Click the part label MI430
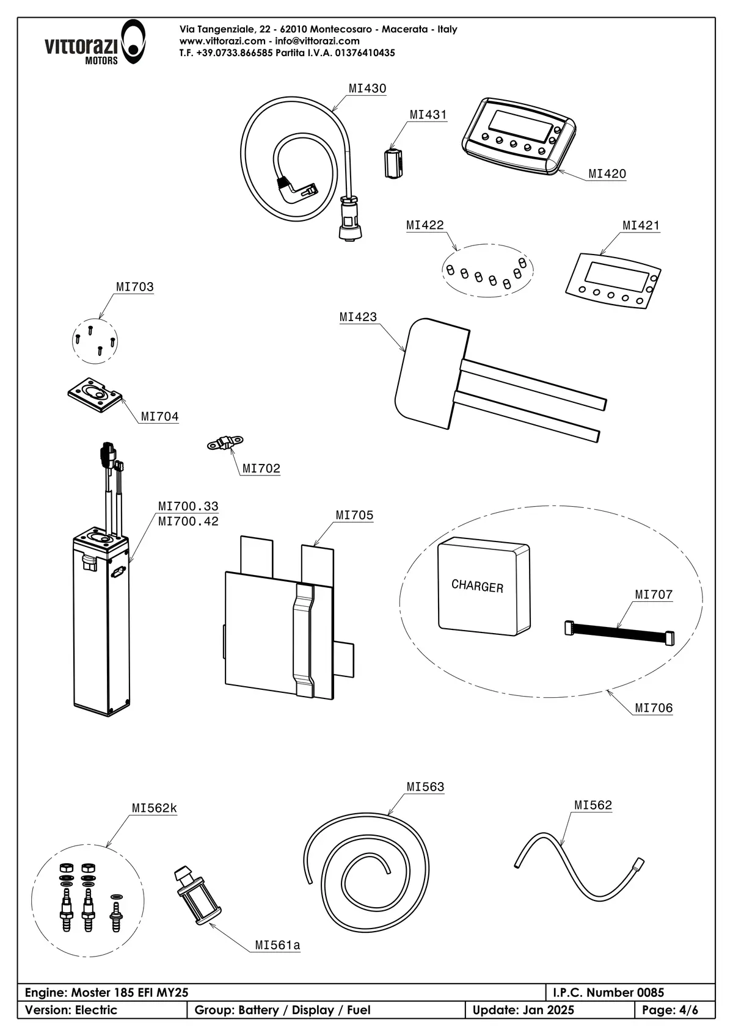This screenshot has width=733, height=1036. coord(367,89)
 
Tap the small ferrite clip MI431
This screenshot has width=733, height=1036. coord(393,163)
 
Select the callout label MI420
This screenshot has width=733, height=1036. coord(607,174)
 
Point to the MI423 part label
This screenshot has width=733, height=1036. coord(358,317)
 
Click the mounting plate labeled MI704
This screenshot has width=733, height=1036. coord(95,394)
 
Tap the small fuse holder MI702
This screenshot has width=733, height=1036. coord(225,443)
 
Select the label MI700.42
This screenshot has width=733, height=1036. coord(188,521)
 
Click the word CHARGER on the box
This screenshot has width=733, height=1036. coord(477,586)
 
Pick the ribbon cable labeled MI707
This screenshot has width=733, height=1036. coord(619,633)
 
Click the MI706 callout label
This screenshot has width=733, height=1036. coord(654,708)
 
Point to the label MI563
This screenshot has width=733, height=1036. coord(425,787)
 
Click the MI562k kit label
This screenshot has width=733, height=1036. coord(154,808)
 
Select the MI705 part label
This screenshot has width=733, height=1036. coord(354,515)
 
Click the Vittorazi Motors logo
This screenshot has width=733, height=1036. coord(95,43)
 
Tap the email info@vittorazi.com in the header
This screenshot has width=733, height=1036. coord(317,41)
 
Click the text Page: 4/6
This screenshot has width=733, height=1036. coord(669,1010)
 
